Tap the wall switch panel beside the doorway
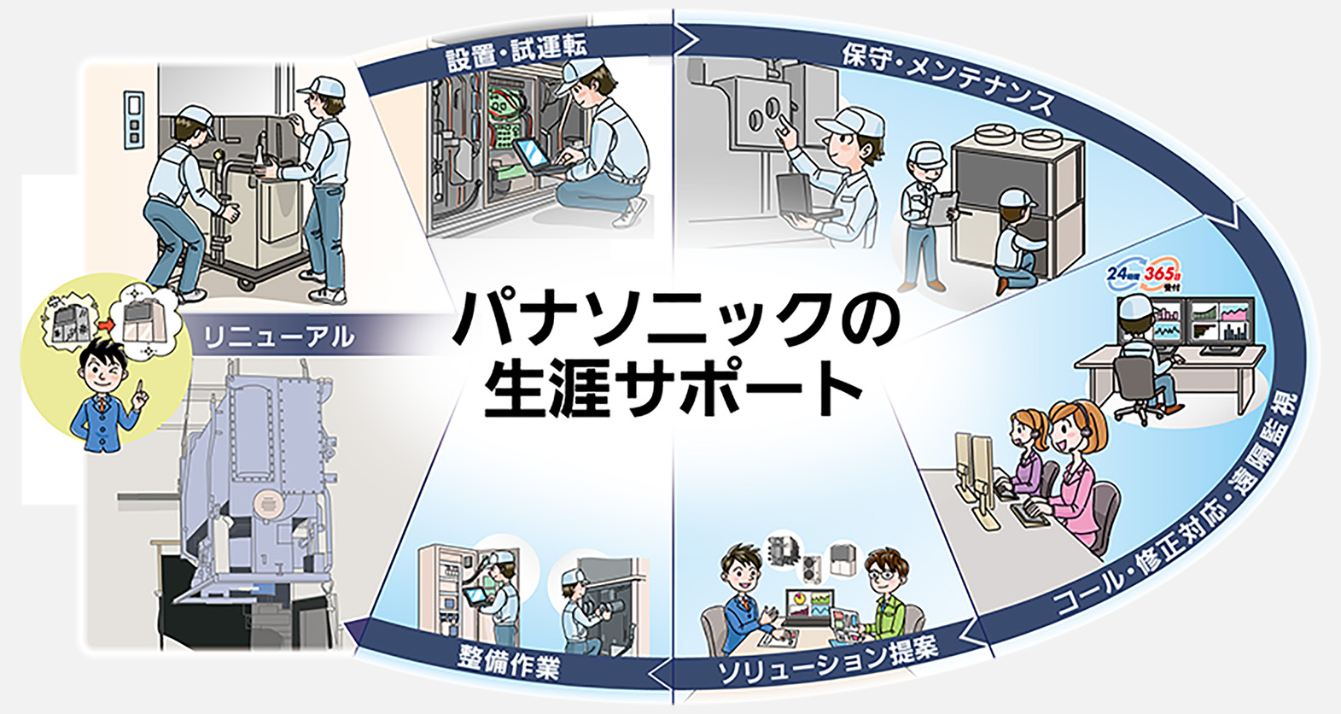click(x=132, y=120)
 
